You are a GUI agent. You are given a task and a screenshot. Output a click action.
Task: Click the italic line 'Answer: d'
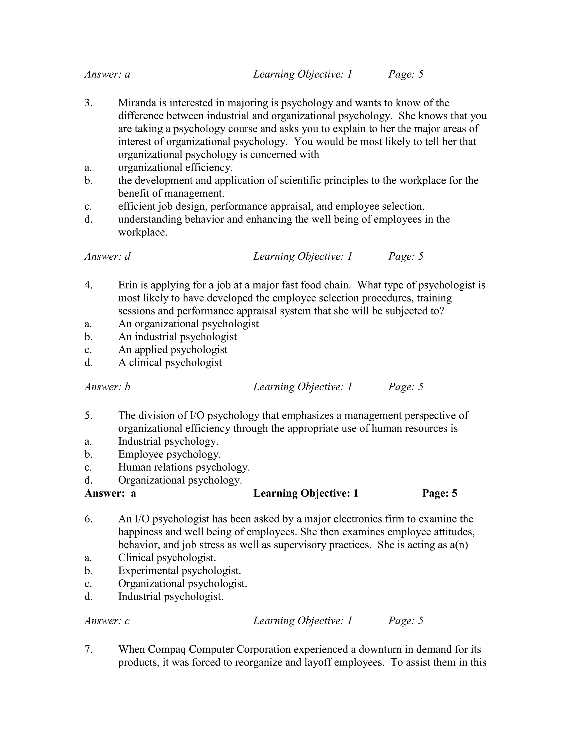point(107,256)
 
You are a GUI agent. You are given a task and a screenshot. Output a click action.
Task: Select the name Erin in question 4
point(128,285)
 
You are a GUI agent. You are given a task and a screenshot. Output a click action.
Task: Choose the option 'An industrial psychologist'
point(177,337)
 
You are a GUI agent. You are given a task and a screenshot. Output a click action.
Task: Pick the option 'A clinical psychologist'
point(170,363)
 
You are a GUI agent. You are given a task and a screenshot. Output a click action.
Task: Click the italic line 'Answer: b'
point(107,387)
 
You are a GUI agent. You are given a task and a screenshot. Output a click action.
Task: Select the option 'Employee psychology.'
point(169,454)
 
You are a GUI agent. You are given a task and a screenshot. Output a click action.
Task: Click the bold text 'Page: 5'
point(440,493)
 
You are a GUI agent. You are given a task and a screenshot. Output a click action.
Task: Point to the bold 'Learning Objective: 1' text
point(306,493)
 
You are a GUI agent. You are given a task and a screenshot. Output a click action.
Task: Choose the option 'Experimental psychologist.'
point(180,570)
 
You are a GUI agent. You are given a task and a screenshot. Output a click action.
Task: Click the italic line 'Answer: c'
point(107,621)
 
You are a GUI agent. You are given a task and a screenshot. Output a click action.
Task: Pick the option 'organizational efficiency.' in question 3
point(175,167)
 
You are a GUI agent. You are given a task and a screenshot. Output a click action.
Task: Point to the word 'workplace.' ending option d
point(143,232)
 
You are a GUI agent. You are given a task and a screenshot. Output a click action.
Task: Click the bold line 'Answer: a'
point(110,493)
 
